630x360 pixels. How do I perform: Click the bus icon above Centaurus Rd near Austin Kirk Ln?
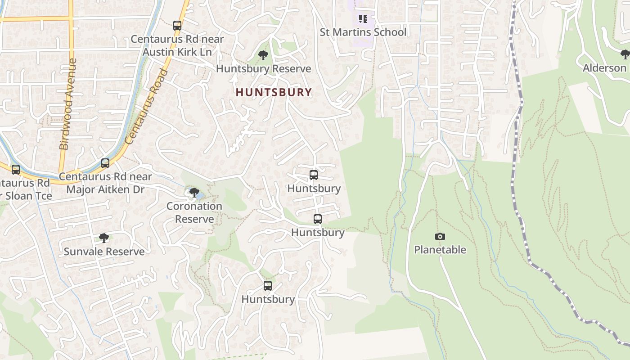[177, 26]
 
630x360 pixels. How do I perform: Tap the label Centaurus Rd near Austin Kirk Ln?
[177, 45]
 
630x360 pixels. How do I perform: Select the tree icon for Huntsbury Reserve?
[263, 55]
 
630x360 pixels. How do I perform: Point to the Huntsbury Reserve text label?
[263, 69]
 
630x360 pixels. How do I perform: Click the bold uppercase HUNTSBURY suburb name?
[274, 92]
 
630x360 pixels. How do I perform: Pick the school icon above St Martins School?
[363, 19]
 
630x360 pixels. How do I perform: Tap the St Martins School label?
[363, 32]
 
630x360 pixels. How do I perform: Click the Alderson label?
[604, 68]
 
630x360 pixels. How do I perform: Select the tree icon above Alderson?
[625, 54]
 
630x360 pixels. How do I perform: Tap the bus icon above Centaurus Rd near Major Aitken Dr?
[105, 163]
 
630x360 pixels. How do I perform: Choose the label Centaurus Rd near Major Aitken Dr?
[105, 183]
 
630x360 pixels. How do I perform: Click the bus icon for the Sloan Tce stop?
[16, 170]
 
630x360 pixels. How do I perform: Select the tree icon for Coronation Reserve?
[194, 193]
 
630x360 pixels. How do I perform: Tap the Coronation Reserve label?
[194, 212]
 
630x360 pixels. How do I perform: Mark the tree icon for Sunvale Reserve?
[104, 238]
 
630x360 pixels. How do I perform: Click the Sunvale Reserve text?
[104, 252]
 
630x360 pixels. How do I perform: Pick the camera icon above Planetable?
[440, 236]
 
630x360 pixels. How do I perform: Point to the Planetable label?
[440, 250]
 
